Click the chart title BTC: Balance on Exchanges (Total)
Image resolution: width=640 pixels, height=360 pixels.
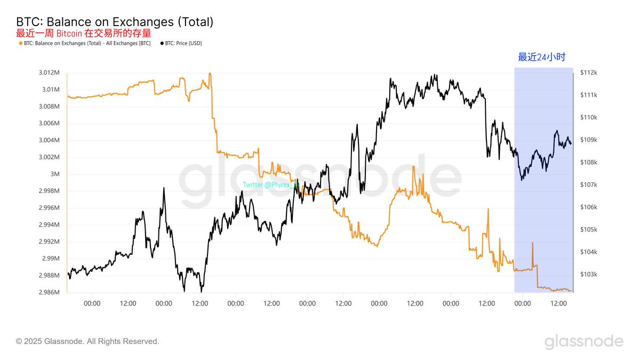tap(115, 22)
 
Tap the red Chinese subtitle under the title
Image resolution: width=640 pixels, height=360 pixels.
tap(83, 33)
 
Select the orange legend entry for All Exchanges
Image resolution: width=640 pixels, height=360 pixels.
tap(85, 43)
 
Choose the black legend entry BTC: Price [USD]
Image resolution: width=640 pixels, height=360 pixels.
tap(181, 43)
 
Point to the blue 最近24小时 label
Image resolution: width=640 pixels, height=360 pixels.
tap(541, 57)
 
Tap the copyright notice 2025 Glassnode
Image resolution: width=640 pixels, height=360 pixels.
tap(87, 341)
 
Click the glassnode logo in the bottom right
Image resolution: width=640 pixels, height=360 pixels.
tap(583, 341)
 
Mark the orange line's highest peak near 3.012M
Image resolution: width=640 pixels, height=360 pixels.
tap(210, 74)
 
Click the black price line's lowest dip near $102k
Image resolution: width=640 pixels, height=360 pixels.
tap(201, 292)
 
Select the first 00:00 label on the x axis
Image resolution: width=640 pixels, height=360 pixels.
tap(92, 303)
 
